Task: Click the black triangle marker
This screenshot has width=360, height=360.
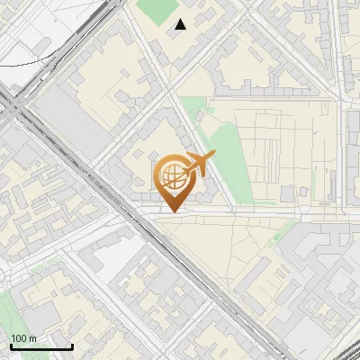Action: (x=181, y=24)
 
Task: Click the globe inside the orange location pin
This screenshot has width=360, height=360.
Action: (x=172, y=175)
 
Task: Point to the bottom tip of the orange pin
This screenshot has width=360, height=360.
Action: (x=171, y=212)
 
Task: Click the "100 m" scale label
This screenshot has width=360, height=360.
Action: (x=23, y=337)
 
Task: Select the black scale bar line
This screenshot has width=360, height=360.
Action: (x=41, y=346)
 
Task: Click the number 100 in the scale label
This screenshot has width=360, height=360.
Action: (x=18, y=337)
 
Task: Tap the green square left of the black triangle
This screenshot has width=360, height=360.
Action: (x=158, y=11)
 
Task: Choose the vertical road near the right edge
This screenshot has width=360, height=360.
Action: (x=344, y=135)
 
